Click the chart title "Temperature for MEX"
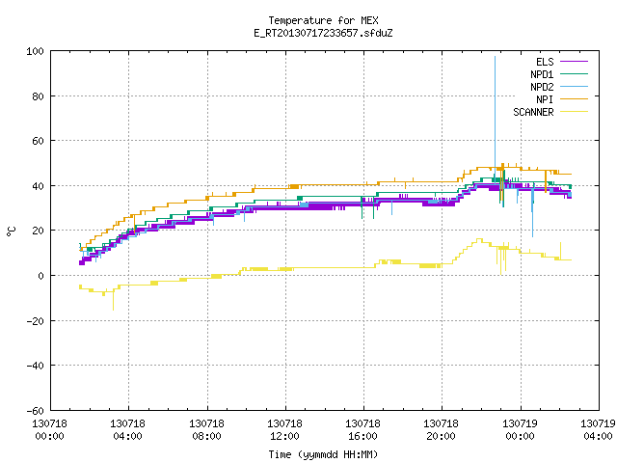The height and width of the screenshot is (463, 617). tap(323, 20)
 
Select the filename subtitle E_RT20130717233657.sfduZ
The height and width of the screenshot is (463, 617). tap(323, 33)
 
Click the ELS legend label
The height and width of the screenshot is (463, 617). tap(545, 62)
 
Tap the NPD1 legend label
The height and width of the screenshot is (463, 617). tap(542, 74)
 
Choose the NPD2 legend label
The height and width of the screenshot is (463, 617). tap(542, 87)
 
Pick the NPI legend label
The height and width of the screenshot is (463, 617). tap(545, 99)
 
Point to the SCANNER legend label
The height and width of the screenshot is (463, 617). tap(533, 112)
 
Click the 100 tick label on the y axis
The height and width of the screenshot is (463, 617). tap(35, 51)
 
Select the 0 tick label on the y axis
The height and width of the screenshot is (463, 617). tap(40, 276)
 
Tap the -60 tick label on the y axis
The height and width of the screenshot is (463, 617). tap(35, 411)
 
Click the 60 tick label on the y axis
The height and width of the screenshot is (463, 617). tap(39, 141)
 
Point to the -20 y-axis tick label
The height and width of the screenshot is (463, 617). tap(35, 321)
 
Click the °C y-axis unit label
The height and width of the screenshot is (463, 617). tap(11, 231)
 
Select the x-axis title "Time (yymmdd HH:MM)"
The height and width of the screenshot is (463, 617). tap(323, 454)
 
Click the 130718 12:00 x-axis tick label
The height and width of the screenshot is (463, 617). tap(285, 430)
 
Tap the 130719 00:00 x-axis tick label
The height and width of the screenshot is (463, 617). tap(521, 430)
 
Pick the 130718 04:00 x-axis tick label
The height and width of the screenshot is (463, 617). tap(128, 430)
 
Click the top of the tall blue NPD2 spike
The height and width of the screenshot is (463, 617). tap(495, 57)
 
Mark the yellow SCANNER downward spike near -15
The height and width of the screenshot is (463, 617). tap(114, 300)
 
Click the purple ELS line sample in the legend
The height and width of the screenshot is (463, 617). tap(575, 62)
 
